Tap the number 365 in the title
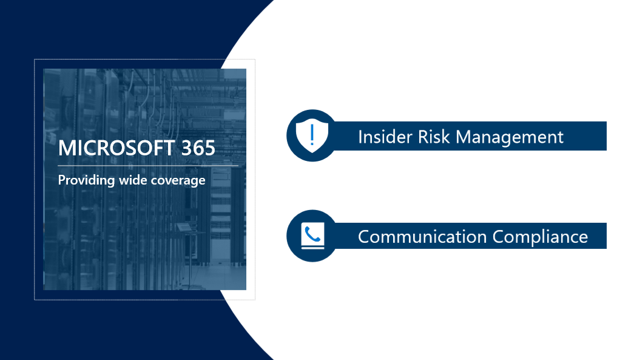(x=198, y=148)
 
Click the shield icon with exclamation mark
(x=312, y=135)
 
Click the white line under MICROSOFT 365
(x=148, y=165)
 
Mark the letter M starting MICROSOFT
(x=66, y=148)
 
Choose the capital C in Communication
(x=365, y=236)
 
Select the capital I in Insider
(x=360, y=136)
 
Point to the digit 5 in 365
(x=209, y=148)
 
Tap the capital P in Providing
(x=61, y=180)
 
